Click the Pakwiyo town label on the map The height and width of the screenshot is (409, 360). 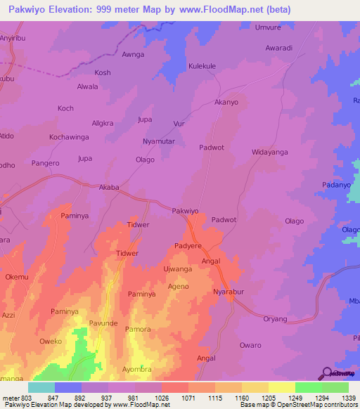point(186,210)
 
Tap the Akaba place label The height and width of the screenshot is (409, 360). point(110,188)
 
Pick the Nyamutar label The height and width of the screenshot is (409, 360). point(159,141)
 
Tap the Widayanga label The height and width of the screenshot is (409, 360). point(270,152)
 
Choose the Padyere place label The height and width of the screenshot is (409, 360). point(188,246)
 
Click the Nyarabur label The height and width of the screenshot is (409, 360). point(229,290)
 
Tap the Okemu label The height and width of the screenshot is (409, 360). point(18,278)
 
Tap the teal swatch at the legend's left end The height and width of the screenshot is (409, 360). point(41,387)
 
